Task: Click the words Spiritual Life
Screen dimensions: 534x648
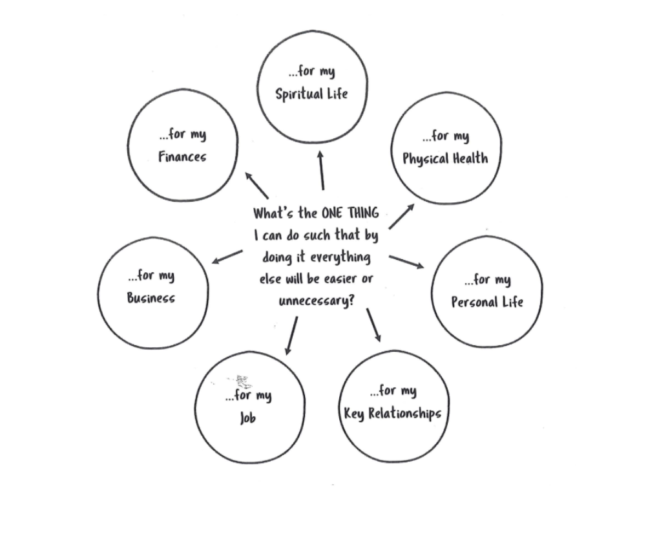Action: [x=311, y=94]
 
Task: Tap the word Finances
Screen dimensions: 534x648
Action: [x=182, y=156]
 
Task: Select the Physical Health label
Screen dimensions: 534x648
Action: [x=445, y=158]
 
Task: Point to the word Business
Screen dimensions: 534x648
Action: [x=151, y=298]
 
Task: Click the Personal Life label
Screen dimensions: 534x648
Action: [x=487, y=302]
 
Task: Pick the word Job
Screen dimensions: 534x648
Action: [x=247, y=418]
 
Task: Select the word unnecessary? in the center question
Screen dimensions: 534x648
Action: [x=317, y=301]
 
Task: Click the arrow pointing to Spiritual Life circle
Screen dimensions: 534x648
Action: [x=321, y=169]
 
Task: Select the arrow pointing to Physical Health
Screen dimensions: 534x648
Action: [x=401, y=217]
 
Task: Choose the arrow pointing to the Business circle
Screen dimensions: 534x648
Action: [x=227, y=257]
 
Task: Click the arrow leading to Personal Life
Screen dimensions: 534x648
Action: [x=406, y=262]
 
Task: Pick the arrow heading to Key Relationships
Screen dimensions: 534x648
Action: [x=373, y=325]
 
